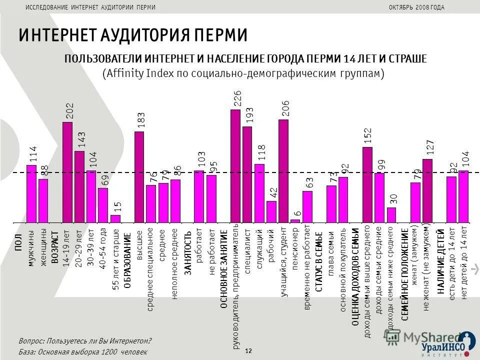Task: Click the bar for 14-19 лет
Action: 67,172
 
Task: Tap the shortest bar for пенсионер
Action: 295,220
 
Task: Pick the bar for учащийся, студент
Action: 283,170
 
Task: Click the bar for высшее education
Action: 139,176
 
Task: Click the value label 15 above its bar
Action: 115,206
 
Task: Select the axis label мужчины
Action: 31,248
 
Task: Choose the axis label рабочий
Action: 271,245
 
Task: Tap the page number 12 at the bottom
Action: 248,351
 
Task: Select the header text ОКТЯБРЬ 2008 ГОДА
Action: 416,7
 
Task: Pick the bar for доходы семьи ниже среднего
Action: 391,214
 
